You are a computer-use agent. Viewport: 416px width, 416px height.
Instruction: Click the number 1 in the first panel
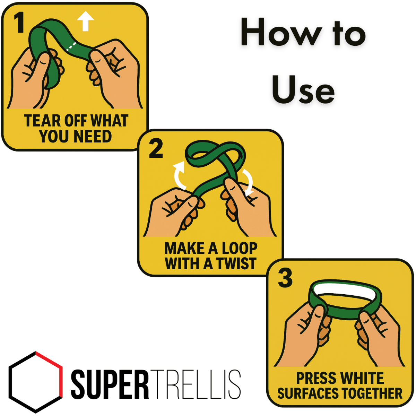20,23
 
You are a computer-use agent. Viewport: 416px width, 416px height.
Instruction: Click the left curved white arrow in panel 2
179,175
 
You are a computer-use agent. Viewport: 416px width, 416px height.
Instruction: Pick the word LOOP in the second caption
239,249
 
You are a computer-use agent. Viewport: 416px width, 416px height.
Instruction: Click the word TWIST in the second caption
236,264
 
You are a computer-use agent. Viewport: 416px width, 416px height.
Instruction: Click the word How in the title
281,33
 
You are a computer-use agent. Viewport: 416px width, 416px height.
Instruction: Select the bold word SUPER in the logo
110,384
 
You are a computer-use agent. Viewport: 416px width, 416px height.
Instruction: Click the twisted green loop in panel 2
215,156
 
